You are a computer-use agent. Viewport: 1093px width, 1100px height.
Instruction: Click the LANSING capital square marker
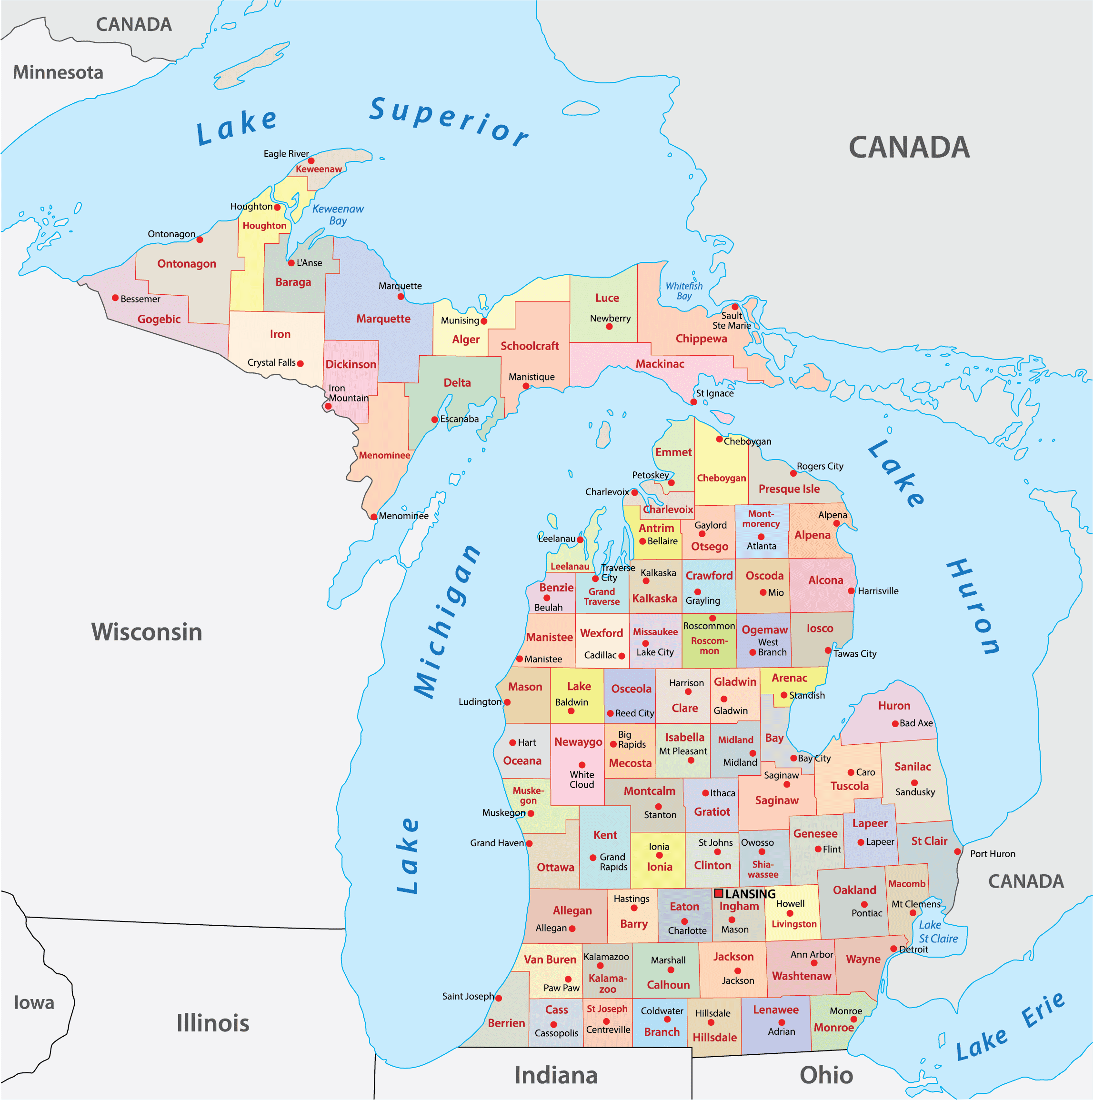[x=719, y=893]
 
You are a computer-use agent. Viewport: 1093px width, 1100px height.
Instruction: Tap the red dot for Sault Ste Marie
[x=735, y=307]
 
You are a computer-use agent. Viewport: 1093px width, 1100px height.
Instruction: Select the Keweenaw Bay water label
[x=338, y=215]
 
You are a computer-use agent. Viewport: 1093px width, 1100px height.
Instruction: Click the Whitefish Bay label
[x=684, y=291]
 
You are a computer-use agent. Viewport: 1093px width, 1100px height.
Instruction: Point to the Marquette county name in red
[x=383, y=319]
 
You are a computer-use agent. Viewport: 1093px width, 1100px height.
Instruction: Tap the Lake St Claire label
[x=938, y=932]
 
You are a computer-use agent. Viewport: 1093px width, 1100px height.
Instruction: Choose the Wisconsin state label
[x=147, y=632]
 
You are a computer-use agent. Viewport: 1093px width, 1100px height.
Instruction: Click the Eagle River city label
[x=286, y=154]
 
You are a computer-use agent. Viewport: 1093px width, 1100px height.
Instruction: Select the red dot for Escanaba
[x=434, y=420]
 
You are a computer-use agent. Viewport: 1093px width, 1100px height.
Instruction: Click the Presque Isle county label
[x=789, y=489]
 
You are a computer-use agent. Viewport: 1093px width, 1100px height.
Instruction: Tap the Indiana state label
[x=556, y=1076]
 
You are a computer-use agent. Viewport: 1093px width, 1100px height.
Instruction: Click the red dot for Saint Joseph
[x=498, y=998]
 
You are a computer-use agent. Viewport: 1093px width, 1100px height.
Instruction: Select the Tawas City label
[x=854, y=654]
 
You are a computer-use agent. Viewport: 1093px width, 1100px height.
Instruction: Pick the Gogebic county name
[x=159, y=320]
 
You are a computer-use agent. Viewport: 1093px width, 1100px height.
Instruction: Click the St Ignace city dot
[x=693, y=402]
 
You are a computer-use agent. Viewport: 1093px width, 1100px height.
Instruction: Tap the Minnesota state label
[x=58, y=72]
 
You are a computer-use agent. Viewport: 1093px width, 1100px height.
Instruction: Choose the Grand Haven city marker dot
[x=529, y=844]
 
